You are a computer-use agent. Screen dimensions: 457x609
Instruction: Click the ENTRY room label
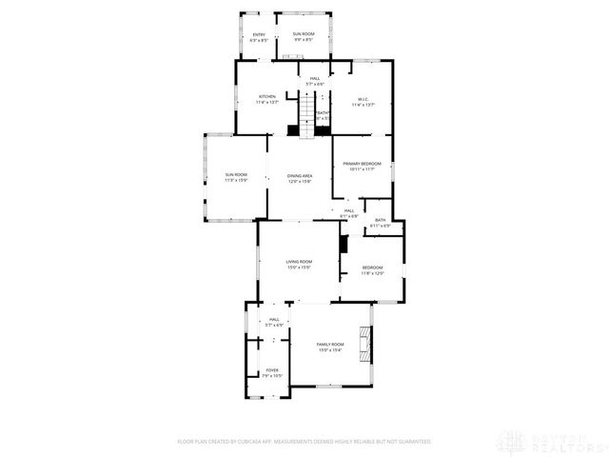click(x=258, y=38)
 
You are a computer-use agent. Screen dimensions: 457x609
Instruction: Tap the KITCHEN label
click(x=267, y=100)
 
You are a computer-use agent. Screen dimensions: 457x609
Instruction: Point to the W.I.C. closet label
click(x=363, y=102)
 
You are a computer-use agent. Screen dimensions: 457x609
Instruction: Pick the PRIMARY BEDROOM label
click(x=363, y=167)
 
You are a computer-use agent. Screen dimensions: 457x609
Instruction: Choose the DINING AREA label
click(x=301, y=179)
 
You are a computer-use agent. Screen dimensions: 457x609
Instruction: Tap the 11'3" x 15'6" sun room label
click(x=236, y=177)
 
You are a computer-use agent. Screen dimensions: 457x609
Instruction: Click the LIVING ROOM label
click(x=300, y=265)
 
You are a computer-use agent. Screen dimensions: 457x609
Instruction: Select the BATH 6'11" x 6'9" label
click(x=380, y=223)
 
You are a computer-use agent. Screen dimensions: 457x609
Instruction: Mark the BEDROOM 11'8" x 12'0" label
click(x=372, y=270)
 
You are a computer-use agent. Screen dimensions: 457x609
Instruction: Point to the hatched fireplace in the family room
click(x=363, y=345)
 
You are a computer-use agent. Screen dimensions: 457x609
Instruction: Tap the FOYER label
click(x=272, y=373)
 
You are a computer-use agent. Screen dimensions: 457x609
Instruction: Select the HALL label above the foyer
click(x=274, y=322)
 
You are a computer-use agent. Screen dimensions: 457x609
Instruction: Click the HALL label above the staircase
click(x=314, y=82)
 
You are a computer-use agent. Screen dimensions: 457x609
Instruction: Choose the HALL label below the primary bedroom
click(x=349, y=213)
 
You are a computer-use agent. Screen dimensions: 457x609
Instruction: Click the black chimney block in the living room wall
click(x=344, y=244)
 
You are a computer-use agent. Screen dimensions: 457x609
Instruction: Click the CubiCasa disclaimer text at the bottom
click(x=304, y=442)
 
